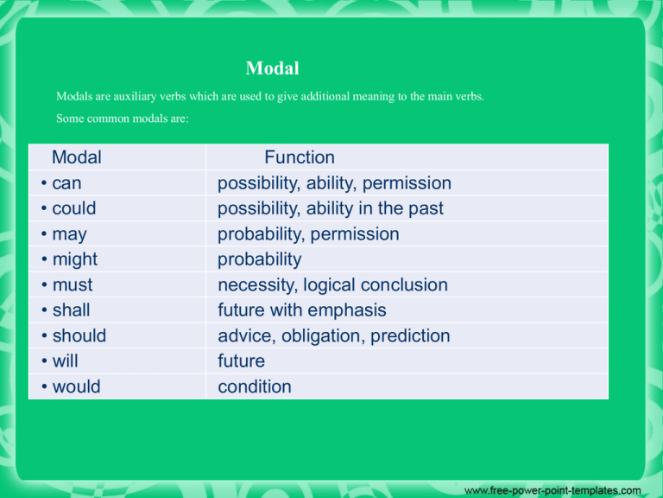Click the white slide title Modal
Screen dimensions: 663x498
click(272, 68)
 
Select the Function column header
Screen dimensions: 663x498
click(300, 157)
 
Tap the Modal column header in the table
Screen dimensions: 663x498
click(77, 157)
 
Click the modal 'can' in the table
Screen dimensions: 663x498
click(66, 183)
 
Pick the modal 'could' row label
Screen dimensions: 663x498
click(74, 208)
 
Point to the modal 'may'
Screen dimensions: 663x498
click(69, 235)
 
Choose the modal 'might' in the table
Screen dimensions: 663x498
click(75, 260)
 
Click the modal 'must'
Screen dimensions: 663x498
click(73, 285)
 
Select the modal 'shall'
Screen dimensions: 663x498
click(71, 310)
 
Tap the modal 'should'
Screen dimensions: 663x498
click(79, 335)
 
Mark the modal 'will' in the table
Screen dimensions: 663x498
click(65, 361)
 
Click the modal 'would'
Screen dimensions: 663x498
click(76, 386)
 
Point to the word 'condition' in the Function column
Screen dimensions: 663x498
click(255, 386)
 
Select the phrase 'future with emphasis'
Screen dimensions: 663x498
click(302, 311)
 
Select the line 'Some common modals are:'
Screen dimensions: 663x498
click(123, 118)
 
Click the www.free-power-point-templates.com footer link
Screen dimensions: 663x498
click(552, 490)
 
